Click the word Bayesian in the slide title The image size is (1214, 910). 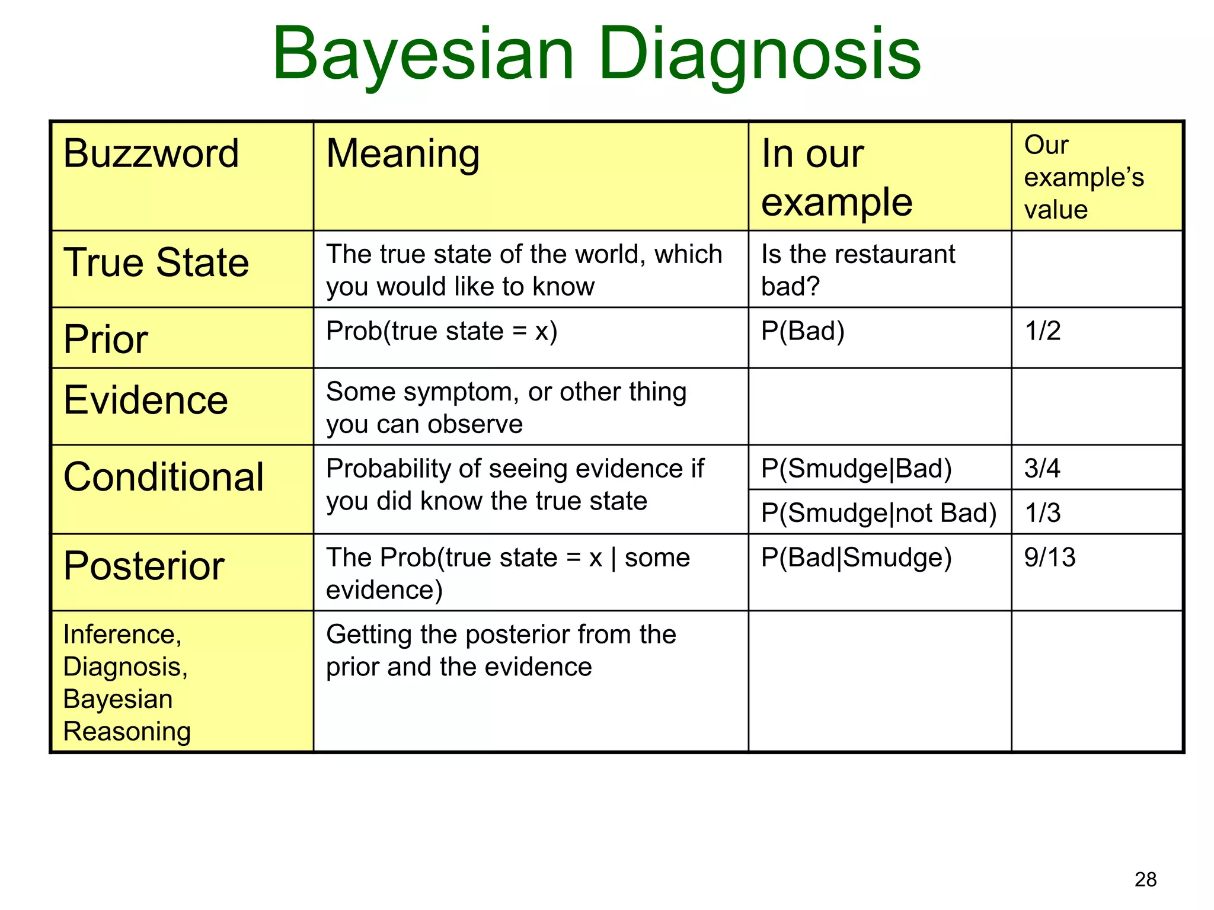tap(423, 55)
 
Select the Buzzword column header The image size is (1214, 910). tap(151, 154)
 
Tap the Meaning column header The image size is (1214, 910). tap(402, 154)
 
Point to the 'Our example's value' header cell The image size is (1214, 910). tap(1084, 177)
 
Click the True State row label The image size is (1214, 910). tap(156, 262)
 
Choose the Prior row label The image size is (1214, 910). tap(106, 339)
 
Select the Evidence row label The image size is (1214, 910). tap(146, 400)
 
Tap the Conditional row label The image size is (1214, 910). tap(164, 478)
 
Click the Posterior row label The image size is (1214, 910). tap(144, 566)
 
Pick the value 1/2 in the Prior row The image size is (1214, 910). tap(1042, 331)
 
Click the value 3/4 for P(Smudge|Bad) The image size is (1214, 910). tap(1042, 469)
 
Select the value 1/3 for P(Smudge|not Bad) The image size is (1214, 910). tap(1042, 513)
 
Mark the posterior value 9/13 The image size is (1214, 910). tap(1049, 557)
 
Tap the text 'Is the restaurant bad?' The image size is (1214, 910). tap(857, 270)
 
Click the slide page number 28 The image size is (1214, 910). tap(1145, 880)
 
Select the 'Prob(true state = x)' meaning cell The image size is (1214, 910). tap(442, 331)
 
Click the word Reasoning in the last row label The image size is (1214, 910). tap(127, 732)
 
